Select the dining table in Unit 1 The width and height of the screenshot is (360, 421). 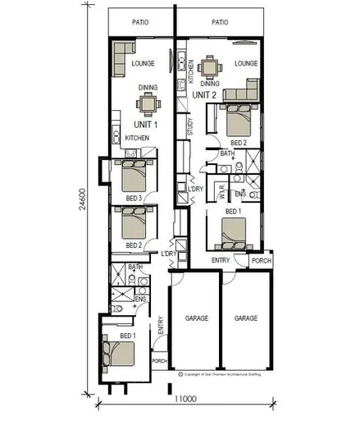click(148, 104)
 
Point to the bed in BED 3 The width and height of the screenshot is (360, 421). click(134, 176)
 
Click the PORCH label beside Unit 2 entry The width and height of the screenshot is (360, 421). click(260, 263)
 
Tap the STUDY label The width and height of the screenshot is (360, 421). click(190, 126)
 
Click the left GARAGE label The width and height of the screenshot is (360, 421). click(194, 317)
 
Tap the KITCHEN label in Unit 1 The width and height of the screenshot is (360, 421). click(136, 138)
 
